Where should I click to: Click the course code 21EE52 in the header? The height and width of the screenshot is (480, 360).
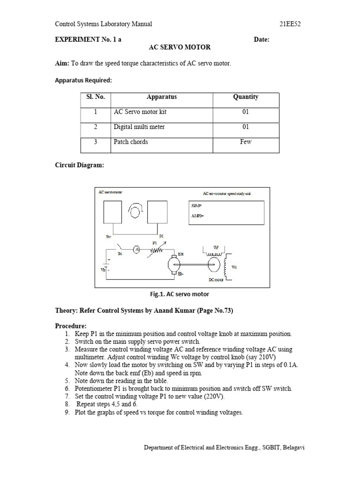point(290,24)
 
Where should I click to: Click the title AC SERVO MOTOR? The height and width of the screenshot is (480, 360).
point(180,47)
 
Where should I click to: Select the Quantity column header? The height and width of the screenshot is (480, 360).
point(246,97)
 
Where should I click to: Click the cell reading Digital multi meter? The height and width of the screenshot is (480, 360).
point(139,127)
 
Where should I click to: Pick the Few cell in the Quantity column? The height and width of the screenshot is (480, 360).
point(246,142)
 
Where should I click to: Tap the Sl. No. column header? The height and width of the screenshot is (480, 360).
point(96,97)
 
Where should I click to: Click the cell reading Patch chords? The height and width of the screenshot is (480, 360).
point(131,142)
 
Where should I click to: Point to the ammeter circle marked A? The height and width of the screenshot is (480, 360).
point(137,250)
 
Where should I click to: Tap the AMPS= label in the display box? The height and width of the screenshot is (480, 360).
point(198,216)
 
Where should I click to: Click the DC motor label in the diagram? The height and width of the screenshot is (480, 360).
point(216,280)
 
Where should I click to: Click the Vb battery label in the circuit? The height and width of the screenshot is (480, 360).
point(104,270)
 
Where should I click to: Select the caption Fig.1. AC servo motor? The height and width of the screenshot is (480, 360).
point(179,294)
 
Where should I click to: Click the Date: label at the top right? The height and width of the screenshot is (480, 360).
point(262,40)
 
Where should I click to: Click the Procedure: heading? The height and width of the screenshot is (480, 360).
point(71,326)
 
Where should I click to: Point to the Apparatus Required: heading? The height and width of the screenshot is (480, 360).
point(83,80)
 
